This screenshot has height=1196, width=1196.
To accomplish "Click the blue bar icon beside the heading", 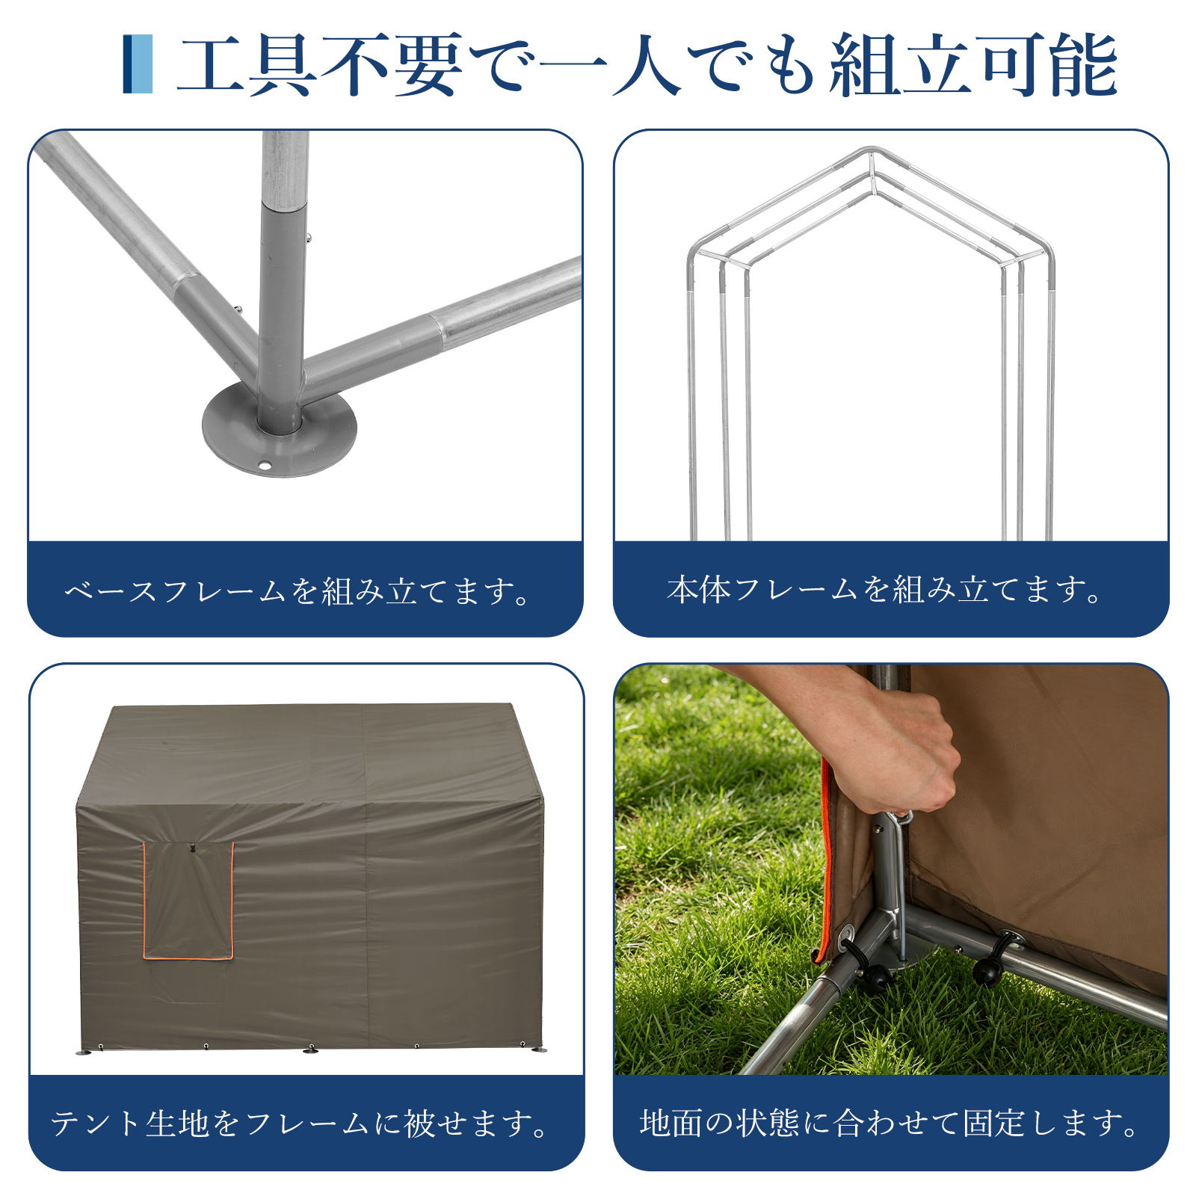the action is pyautogui.click(x=138, y=64).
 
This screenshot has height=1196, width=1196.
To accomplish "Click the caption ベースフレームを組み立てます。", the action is pyautogui.click(x=298, y=591).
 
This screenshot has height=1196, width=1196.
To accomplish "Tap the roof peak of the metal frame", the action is pyautogui.click(x=871, y=152).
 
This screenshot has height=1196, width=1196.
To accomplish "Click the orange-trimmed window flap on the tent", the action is pyautogui.click(x=188, y=901).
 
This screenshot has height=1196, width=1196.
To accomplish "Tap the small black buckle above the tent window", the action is pyautogui.click(x=192, y=848).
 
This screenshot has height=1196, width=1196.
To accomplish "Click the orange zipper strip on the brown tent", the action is pyautogui.click(x=824, y=860).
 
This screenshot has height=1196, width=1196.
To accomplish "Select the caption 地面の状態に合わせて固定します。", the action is pyautogui.click(x=890, y=1123).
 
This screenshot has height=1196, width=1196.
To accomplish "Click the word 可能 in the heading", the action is pyautogui.click(x=1046, y=65).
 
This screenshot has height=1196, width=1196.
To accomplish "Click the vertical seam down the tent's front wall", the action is pyautogui.click(x=366, y=927).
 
